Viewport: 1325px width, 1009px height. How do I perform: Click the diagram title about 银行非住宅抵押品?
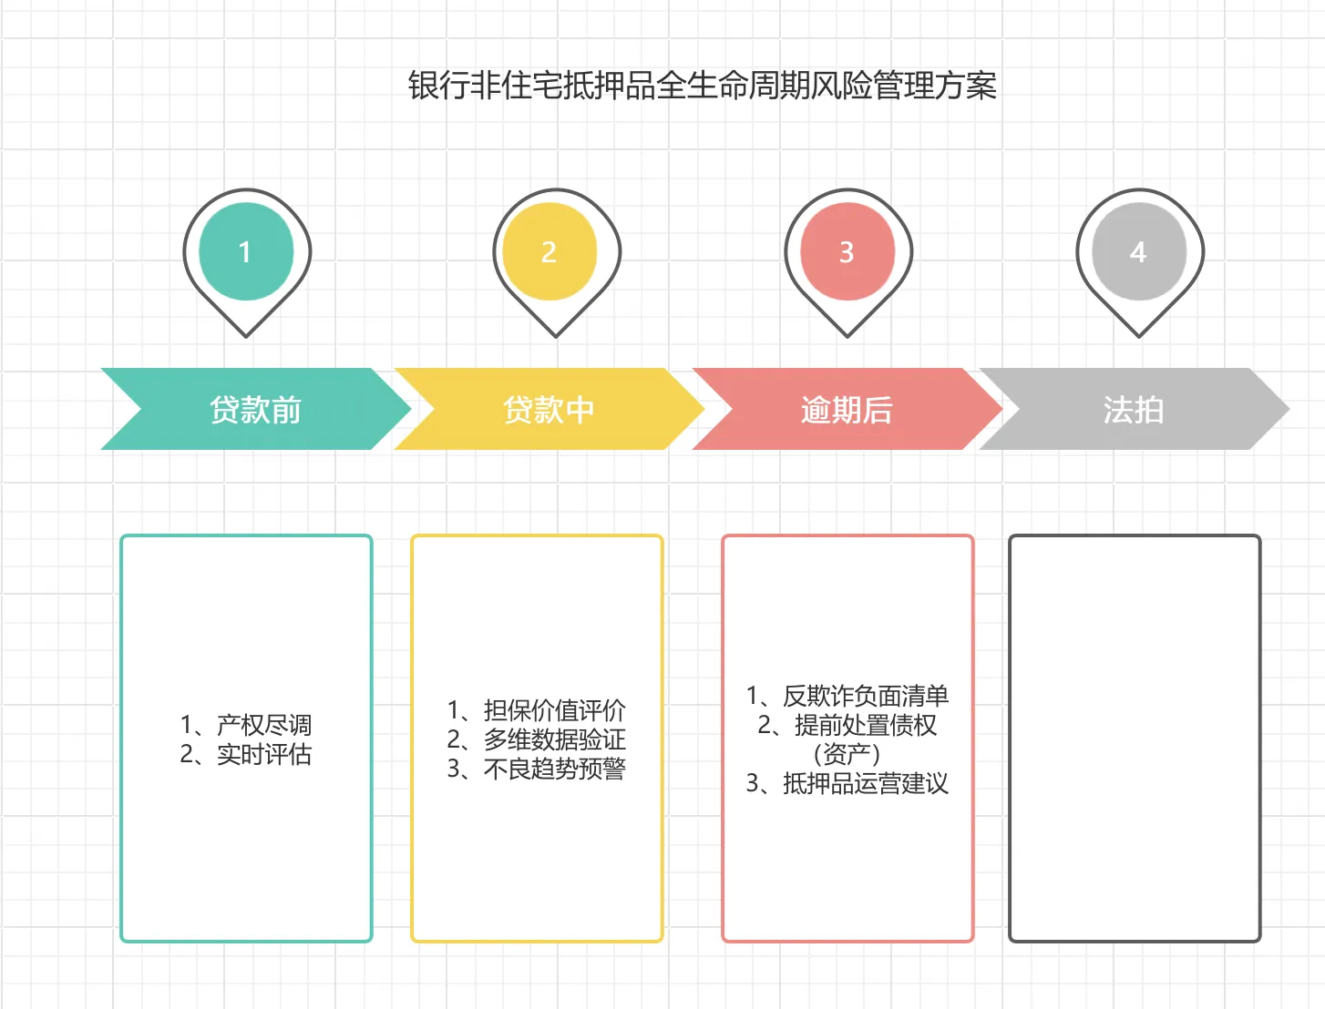click(x=702, y=86)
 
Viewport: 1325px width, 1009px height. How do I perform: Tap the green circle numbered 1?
click(x=245, y=251)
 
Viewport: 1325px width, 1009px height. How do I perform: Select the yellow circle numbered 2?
click(x=549, y=251)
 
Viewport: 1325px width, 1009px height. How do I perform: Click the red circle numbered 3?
click(x=847, y=251)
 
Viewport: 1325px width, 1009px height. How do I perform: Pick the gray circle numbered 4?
click(x=1138, y=251)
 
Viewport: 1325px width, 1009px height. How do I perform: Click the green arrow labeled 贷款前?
click(x=255, y=410)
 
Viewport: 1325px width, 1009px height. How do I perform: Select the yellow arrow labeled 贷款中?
click(x=549, y=410)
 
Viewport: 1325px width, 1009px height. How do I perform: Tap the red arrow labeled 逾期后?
click(x=847, y=410)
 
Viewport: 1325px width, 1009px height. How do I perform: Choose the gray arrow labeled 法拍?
click(x=1133, y=410)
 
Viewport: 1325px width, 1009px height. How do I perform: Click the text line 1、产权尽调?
click(x=246, y=725)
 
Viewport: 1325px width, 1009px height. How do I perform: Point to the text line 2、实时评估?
click(x=246, y=754)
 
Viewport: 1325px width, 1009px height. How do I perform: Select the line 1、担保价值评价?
click(x=537, y=710)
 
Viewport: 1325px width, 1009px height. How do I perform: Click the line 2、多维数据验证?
click(x=537, y=739)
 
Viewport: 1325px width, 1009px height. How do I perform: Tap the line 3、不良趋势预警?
click(x=537, y=769)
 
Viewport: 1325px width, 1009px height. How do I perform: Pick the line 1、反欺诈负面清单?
click(x=847, y=696)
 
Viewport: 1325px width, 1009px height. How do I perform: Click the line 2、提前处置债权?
click(x=847, y=725)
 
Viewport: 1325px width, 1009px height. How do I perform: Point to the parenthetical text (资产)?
click(x=847, y=754)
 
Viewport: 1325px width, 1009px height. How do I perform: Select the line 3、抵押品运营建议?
click(x=847, y=783)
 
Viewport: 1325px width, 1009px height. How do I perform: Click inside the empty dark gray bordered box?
click(x=1135, y=738)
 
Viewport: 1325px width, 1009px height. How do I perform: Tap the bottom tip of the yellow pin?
click(x=556, y=334)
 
